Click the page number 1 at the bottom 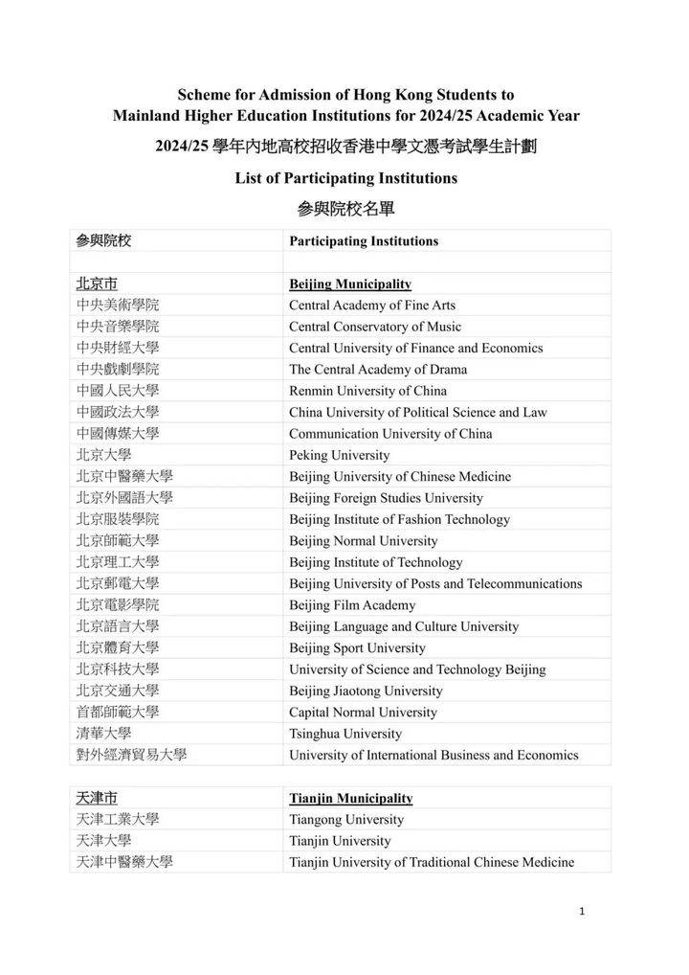click(x=582, y=911)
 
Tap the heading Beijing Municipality click(x=350, y=284)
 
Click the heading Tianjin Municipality click(x=351, y=798)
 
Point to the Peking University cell click(x=339, y=455)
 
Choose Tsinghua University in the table click(x=345, y=734)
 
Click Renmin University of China click(x=367, y=391)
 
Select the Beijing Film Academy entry click(x=352, y=605)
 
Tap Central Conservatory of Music click(x=375, y=327)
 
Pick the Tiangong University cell click(x=346, y=820)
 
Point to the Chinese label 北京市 click(x=97, y=284)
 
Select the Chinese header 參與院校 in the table click(x=103, y=241)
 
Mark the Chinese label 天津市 click(x=97, y=798)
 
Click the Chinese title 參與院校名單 click(x=345, y=208)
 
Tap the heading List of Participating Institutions click(x=345, y=178)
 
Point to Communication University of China click(x=390, y=434)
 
